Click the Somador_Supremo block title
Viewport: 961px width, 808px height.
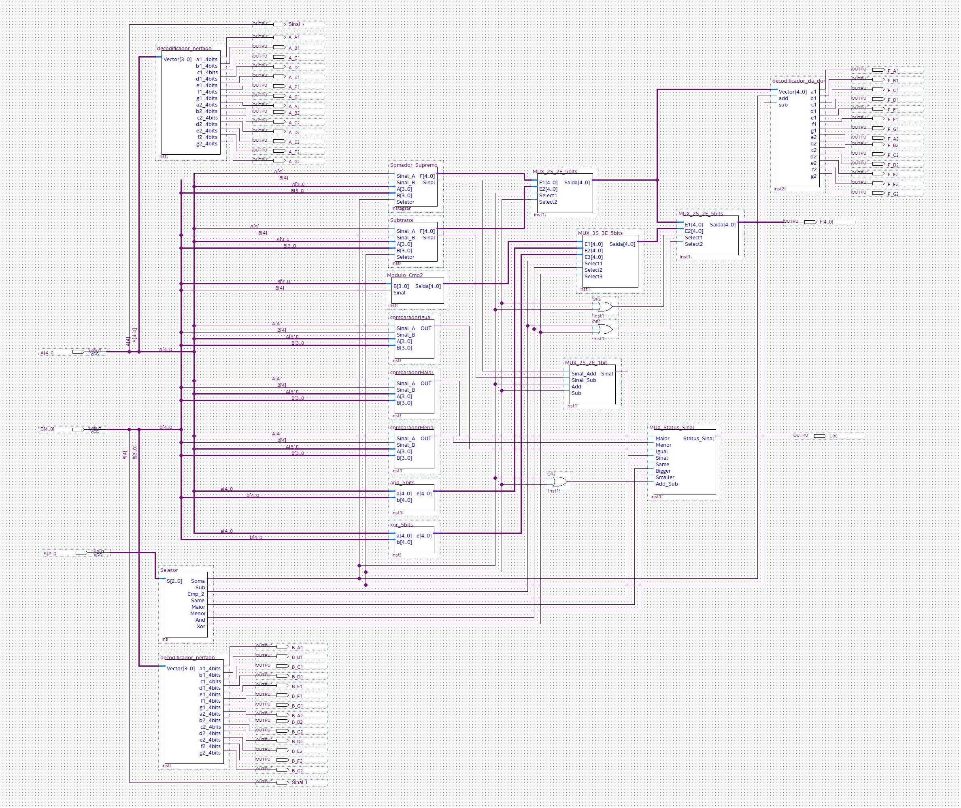pos(413,165)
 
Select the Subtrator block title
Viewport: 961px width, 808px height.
pos(402,220)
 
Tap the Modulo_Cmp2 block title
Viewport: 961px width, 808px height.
pos(405,275)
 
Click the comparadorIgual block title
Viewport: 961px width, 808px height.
pos(411,318)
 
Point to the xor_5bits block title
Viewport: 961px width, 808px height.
pos(401,525)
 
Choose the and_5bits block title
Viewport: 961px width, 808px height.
pos(402,483)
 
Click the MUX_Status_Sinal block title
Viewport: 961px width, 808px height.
pos(671,427)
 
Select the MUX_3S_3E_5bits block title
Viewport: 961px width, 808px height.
pos(600,233)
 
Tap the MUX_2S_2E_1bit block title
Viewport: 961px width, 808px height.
pos(586,363)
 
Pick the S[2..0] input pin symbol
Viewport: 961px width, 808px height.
pos(81,552)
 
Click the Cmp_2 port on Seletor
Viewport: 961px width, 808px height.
pos(196,594)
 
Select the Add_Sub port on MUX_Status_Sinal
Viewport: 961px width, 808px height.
pos(666,484)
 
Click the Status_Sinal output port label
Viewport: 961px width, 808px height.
pos(698,439)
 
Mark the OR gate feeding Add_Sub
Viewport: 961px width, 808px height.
pos(559,482)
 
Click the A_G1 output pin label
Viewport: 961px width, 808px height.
pos(294,97)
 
